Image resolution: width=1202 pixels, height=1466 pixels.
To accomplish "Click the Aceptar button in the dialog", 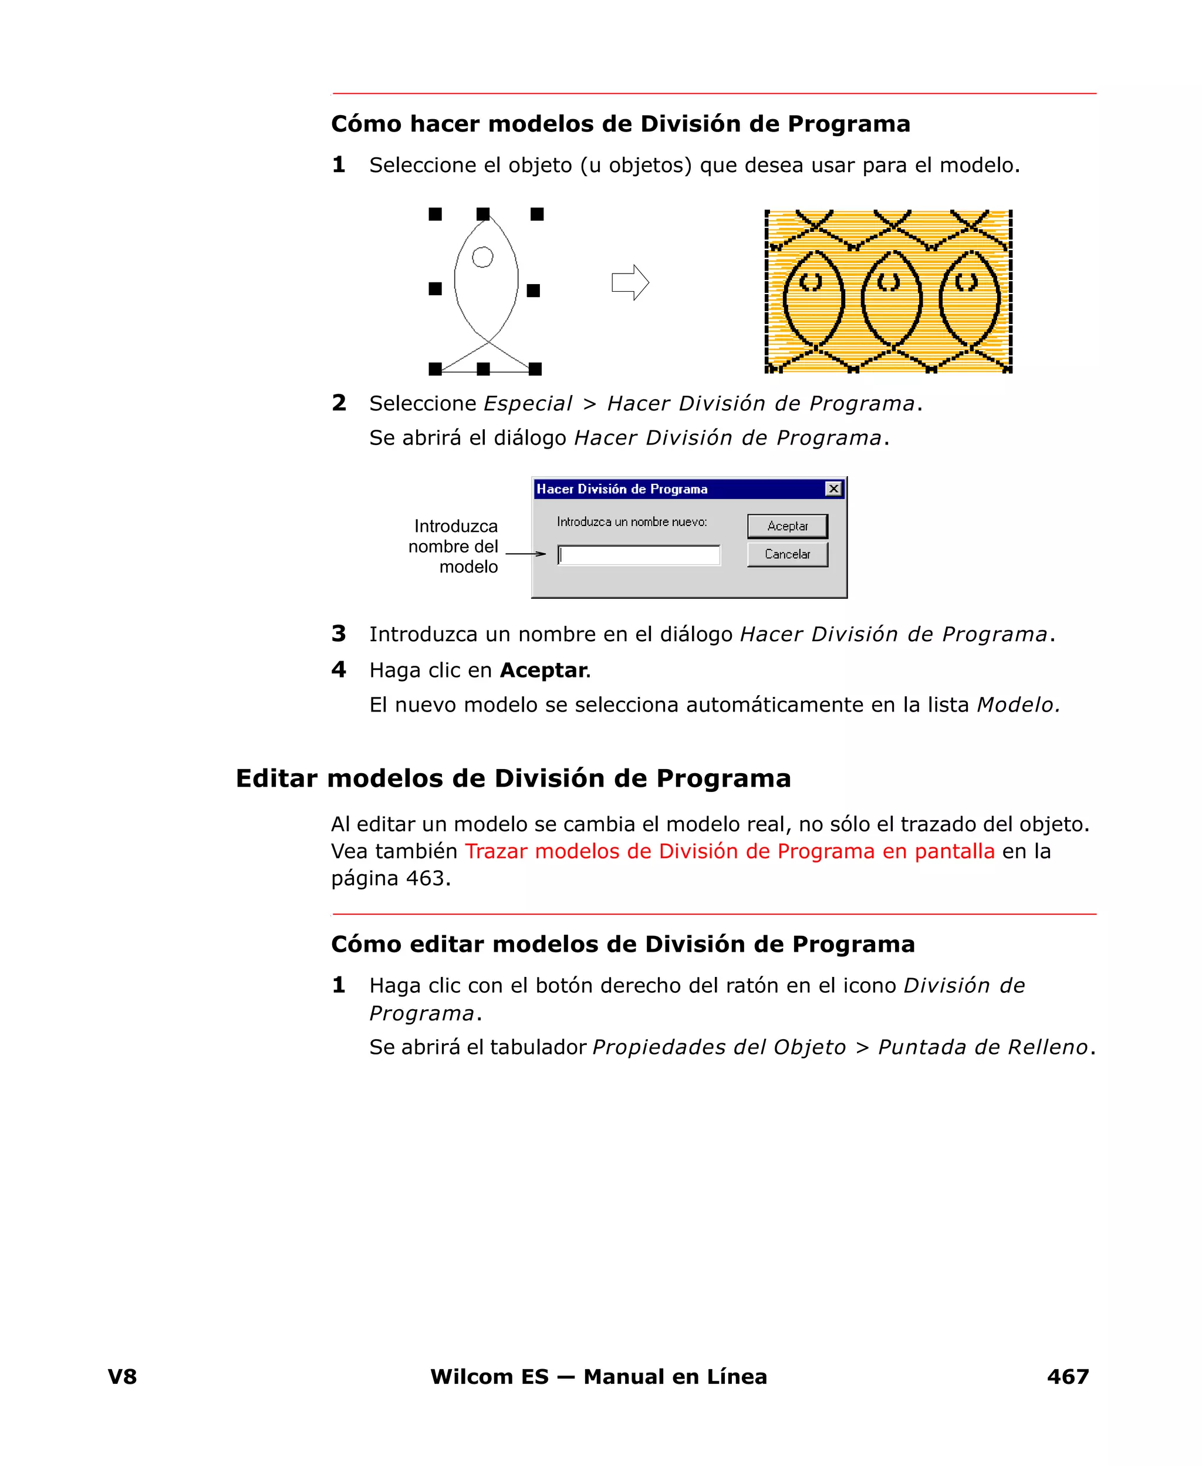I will [x=787, y=525].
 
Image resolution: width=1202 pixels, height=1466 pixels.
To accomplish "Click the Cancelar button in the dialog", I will [x=787, y=554].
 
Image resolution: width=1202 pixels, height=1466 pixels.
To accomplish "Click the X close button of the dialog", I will [x=833, y=489].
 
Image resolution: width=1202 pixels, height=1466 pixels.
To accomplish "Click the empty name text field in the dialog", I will [x=639, y=555].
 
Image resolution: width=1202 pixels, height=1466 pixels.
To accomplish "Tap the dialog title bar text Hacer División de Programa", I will [x=622, y=489].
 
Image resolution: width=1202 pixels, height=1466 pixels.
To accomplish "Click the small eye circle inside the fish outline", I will [x=482, y=257].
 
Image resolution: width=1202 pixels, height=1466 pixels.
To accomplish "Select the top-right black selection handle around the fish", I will [x=536, y=214].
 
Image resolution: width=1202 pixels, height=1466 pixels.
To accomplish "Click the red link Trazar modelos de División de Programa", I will [x=729, y=851].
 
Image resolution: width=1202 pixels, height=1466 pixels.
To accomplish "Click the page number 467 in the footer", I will [x=1068, y=1376].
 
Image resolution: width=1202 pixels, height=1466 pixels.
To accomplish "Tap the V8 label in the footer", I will [x=123, y=1376].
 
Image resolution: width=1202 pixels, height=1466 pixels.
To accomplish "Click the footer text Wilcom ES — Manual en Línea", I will [x=598, y=1376].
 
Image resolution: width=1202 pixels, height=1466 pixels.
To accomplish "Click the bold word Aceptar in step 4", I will [x=543, y=670].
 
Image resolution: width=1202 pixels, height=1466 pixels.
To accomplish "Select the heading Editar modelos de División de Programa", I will [x=513, y=778].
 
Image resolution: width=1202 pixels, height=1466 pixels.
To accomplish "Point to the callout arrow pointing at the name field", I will [x=525, y=553].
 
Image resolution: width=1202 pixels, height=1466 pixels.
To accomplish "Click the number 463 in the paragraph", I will [x=424, y=878].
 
